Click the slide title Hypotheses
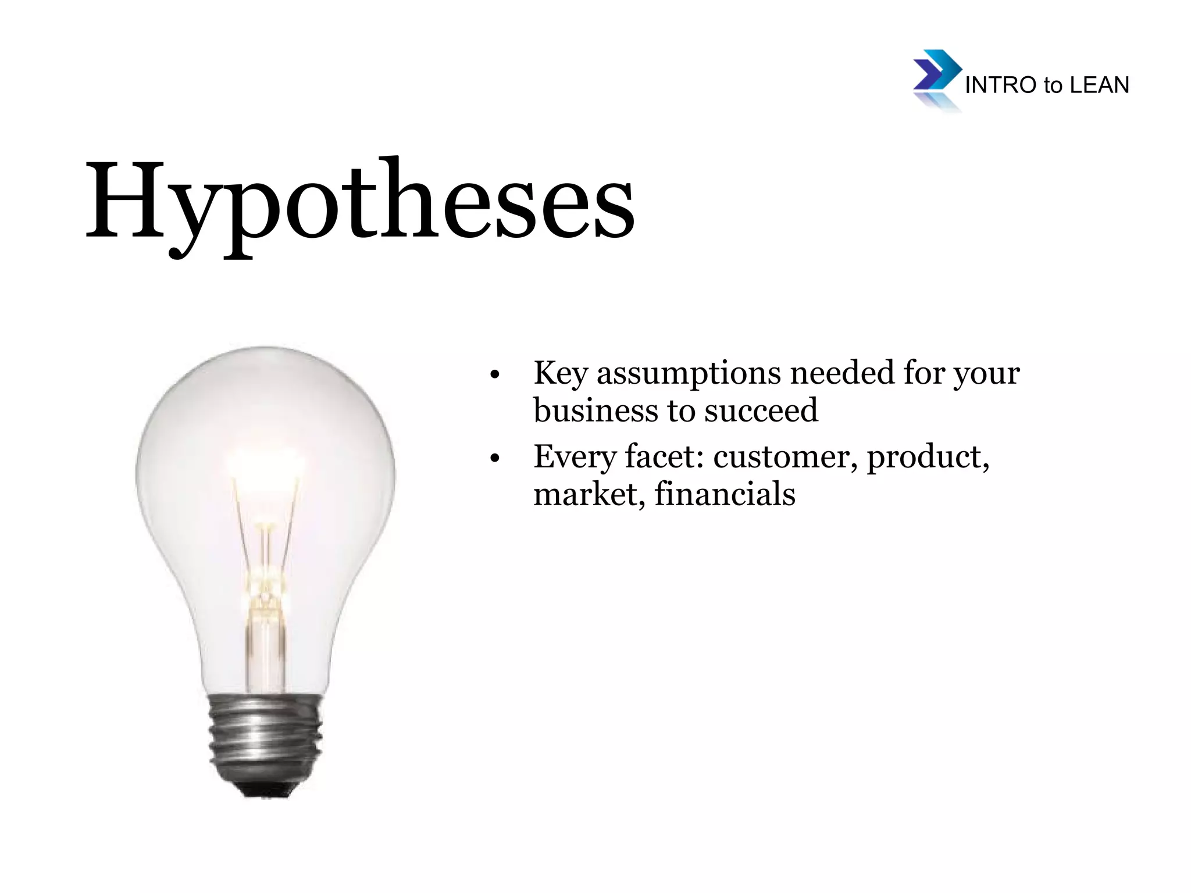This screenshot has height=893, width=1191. (x=360, y=201)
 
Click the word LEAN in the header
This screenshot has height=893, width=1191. (x=1099, y=85)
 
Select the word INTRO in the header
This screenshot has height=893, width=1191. (x=1001, y=85)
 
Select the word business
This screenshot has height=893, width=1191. (x=596, y=410)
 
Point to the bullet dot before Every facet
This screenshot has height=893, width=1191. (x=495, y=459)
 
